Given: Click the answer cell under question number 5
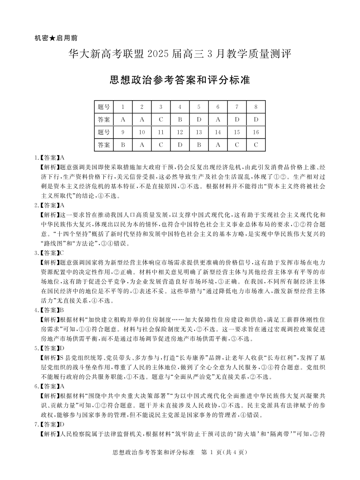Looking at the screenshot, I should (x=199, y=120).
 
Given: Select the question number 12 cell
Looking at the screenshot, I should (x=180, y=132).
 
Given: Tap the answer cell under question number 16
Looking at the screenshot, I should (x=256, y=145).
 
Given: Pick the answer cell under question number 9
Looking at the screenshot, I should (x=123, y=145).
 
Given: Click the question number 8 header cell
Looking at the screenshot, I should (x=256, y=107).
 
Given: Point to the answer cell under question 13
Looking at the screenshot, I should (x=199, y=145).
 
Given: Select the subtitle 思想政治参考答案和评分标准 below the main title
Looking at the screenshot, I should (x=180, y=80).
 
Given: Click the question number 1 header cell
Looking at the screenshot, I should (x=123, y=107).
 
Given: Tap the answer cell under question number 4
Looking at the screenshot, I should (x=180, y=120).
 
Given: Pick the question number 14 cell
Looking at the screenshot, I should (x=218, y=132).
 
